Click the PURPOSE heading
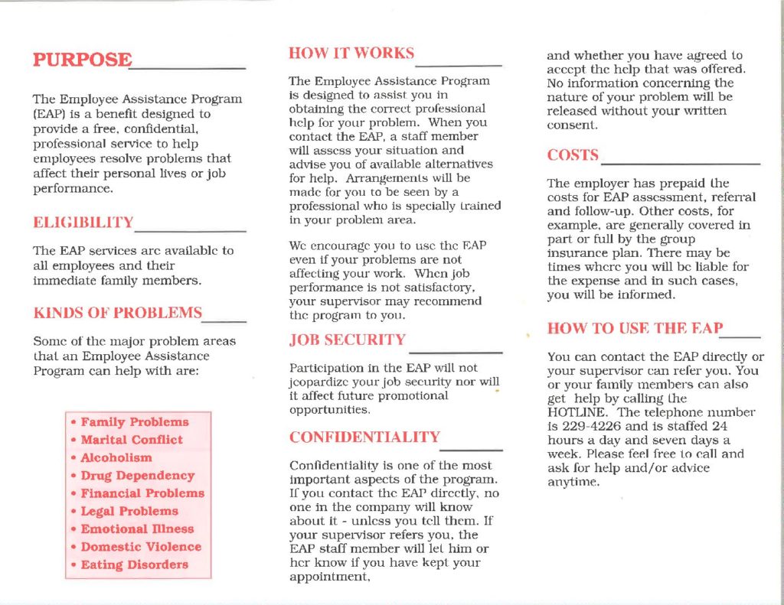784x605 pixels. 82,60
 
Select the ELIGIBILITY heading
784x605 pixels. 83,223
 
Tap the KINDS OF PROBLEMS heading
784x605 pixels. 118,312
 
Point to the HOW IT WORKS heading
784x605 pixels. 351,54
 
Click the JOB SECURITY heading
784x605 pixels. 347,340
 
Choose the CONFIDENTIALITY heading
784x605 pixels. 364,437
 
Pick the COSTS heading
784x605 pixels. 573,155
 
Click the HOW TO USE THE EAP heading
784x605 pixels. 635,328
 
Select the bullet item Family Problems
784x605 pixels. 135,422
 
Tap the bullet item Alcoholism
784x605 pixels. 116,457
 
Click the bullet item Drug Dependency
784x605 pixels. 138,476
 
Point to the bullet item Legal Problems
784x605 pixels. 129,511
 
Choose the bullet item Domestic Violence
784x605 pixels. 141,547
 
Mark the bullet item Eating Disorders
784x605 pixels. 135,565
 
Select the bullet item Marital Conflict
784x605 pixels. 132,440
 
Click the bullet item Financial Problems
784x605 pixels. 142,493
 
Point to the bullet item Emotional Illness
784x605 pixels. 137,529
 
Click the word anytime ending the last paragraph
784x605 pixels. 573,483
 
